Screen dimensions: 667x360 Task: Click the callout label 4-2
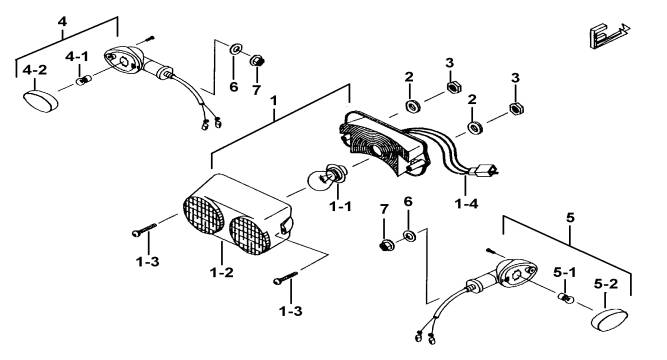coord(35,70)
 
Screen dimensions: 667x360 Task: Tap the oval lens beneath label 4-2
coord(40,101)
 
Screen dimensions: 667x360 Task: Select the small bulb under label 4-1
coord(84,80)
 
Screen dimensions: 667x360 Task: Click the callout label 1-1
coord(340,207)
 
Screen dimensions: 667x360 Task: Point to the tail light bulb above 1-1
coord(326,176)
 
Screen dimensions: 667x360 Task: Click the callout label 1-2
coord(222,272)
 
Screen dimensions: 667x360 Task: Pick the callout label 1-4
coord(466,204)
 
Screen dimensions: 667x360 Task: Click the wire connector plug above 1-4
coord(484,171)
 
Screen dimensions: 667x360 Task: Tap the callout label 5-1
coord(564,272)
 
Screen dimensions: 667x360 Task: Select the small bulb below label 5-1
coord(565,298)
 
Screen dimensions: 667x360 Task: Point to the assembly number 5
coord(570,218)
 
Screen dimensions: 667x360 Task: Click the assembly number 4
coord(63,21)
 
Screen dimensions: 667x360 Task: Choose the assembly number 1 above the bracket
coord(274,101)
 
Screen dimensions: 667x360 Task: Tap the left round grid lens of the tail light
coord(203,215)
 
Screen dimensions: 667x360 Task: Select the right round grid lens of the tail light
coord(250,235)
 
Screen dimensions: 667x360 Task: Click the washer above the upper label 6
coord(235,49)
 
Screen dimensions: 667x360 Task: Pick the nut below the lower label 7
coord(386,246)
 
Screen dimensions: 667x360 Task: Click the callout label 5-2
coord(606,284)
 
